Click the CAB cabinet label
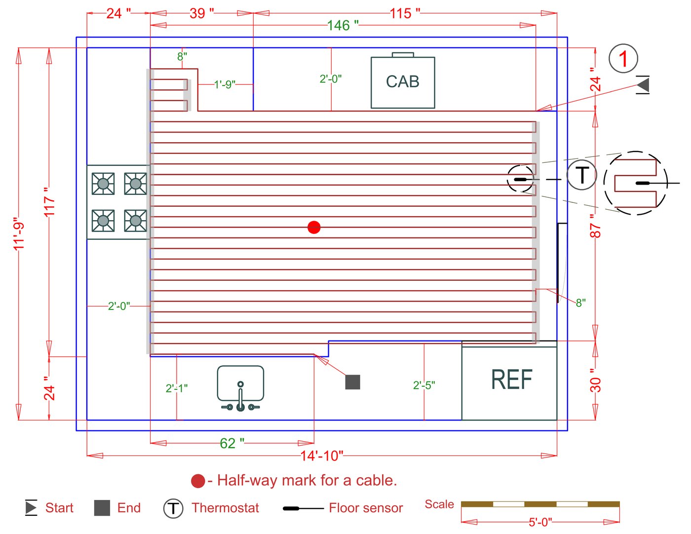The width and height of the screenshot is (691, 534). pos(403,81)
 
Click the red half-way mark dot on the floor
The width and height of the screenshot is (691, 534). pos(314,227)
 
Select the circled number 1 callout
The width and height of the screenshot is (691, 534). pos(623,59)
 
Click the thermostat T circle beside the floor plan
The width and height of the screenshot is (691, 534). pos(581,175)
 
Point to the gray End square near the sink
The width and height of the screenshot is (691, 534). pos(352,382)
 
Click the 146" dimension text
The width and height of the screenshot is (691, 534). pos(343,26)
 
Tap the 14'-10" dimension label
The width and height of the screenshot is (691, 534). pos(322,456)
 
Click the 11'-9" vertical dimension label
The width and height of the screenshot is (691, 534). pos(19,234)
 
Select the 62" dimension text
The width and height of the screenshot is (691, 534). pos(232,443)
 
